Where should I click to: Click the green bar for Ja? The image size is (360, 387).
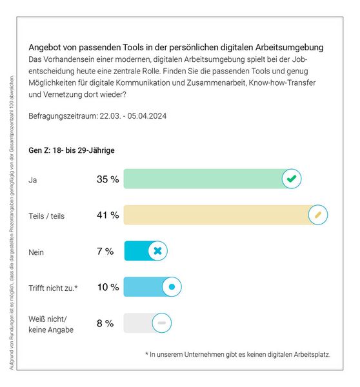coord(203,179)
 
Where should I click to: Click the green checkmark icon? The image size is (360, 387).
coord(292,179)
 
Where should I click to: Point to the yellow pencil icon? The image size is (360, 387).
coord(317,215)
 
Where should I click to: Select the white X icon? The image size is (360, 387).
coord(158,251)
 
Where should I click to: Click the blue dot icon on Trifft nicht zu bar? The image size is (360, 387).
coord(171,287)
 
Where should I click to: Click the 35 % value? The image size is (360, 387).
coord(107,179)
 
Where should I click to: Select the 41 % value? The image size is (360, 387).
coord(107,215)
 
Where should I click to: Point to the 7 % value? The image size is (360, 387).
coord(105,251)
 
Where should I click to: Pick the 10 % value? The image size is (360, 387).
coord(107,287)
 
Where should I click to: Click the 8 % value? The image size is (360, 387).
coord(105,323)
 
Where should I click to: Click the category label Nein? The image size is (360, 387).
coord(37,252)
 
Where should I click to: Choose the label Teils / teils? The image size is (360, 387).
coord(46,215)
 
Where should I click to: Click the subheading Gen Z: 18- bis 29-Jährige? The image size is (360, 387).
coord(71,150)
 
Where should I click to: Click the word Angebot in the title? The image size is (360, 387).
coord(46,47)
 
